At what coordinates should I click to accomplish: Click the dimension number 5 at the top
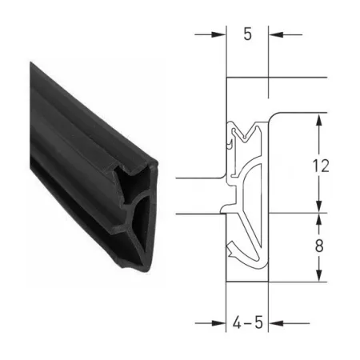(x=247, y=34)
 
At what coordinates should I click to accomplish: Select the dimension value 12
(x=321, y=166)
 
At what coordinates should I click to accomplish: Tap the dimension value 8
(x=319, y=246)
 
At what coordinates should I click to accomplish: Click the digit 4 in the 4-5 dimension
(x=237, y=322)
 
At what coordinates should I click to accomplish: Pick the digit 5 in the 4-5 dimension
(x=258, y=322)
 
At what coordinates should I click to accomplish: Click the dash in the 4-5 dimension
(x=248, y=323)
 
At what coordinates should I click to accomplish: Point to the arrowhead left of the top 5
(x=218, y=34)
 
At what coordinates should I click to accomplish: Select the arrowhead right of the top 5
(x=276, y=34)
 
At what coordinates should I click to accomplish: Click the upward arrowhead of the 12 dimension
(x=319, y=121)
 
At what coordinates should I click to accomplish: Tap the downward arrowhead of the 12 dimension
(x=319, y=206)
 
